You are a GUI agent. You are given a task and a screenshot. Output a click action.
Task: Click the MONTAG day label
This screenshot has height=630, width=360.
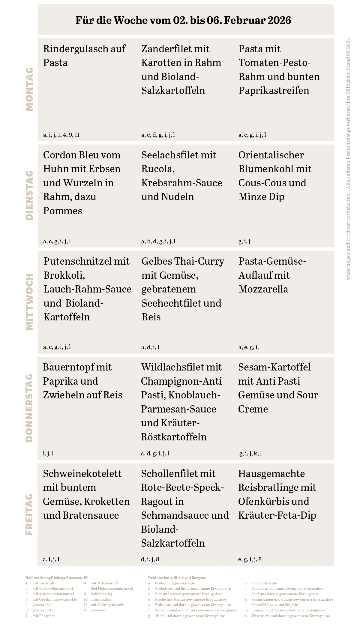pyautogui.click(x=29, y=89)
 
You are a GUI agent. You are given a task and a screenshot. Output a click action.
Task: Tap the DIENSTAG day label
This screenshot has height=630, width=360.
pyautogui.click(x=29, y=196)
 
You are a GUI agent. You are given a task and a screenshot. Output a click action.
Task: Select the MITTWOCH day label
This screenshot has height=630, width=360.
pyautogui.click(x=29, y=302)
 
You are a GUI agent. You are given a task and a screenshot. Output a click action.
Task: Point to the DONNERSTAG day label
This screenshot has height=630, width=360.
pyautogui.click(x=29, y=408)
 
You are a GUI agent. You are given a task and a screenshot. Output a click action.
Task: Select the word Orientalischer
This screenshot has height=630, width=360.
pyautogui.click(x=271, y=155)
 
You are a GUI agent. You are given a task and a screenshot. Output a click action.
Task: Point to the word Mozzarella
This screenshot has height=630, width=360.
pyautogui.click(x=263, y=289)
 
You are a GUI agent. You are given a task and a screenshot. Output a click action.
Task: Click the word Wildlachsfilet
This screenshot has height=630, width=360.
pyautogui.click(x=181, y=367)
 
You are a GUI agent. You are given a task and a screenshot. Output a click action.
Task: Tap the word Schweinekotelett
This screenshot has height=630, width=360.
pyautogui.click(x=82, y=474)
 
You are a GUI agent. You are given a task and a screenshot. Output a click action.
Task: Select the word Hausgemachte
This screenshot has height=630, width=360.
pyautogui.click(x=271, y=474)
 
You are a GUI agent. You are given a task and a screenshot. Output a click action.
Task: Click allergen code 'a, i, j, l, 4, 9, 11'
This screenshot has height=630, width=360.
pyautogui.click(x=61, y=135)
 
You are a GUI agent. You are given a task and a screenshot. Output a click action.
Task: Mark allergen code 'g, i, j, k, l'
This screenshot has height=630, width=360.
pyautogui.click(x=251, y=454)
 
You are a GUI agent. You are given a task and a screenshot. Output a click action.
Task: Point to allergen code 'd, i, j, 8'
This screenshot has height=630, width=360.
pyautogui.click(x=150, y=559)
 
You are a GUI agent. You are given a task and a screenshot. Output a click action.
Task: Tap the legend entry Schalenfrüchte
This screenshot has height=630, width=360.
pyautogui.click(x=264, y=583)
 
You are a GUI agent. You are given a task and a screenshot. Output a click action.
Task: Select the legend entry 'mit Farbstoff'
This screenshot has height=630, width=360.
pyautogui.click(x=43, y=583)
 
